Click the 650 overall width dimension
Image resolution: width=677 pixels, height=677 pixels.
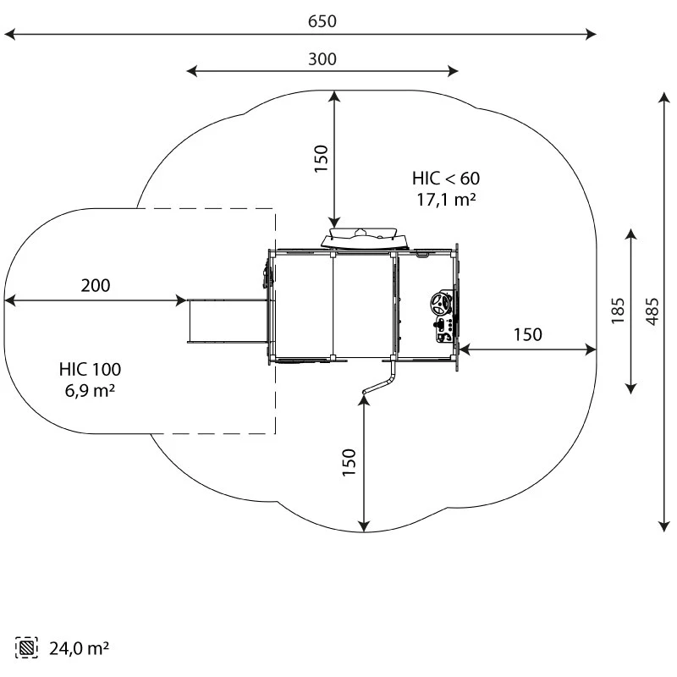click(x=322, y=21)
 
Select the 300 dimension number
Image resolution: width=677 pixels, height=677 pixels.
click(x=322, y=58)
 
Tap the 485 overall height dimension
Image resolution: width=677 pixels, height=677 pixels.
click(x=652, y=311)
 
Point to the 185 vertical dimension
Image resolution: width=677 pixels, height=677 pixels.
click(x=618, y=311)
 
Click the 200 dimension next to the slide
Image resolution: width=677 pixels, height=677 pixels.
click(x=96, y=286)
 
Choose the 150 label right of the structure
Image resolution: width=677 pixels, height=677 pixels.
click(x=527, y=335)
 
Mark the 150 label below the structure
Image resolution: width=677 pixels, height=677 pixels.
click(x=350, y=463)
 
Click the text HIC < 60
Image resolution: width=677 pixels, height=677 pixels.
click(x=446, y=179)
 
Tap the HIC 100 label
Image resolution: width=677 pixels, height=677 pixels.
click(x=90, y=370)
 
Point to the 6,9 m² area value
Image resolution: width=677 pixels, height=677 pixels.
click(x=90, y=391)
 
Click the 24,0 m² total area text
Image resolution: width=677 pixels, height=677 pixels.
click(x=79, y=649)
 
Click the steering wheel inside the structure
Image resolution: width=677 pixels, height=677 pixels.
click(x=441, y=303)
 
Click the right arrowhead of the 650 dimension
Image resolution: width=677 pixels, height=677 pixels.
click(x=593, y=35)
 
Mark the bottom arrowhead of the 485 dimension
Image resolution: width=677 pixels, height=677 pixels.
click(x=663, y=528)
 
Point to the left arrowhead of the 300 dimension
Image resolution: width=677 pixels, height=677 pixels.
click(x=190, y=71)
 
